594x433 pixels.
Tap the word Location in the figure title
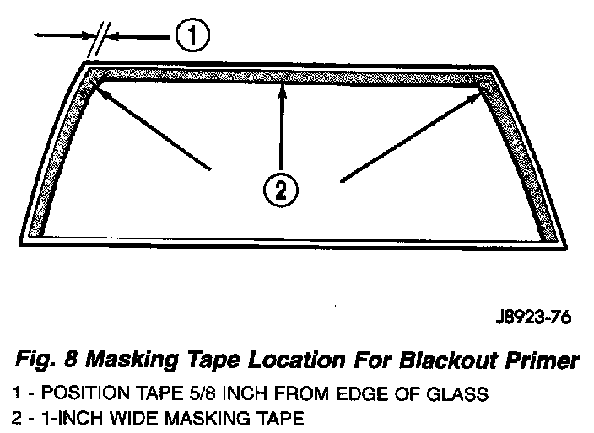[x=308, y=361]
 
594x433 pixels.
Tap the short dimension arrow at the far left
[x=63, y=36]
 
